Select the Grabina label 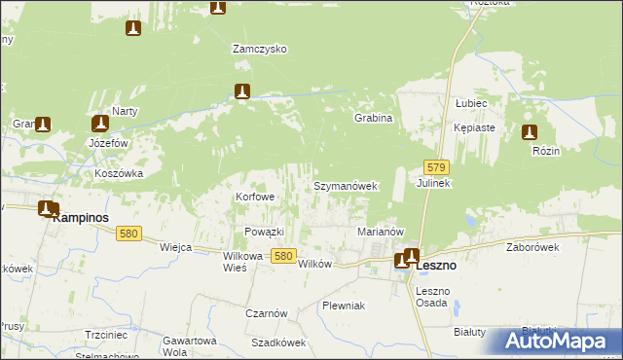[373, 118]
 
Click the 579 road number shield [436, 168]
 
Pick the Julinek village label [433, 183]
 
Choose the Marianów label [381, 232]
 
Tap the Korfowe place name [255, 197]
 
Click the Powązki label [264, 232]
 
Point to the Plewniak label [343, 306]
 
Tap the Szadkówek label [278, 342]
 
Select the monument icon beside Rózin [530, 133]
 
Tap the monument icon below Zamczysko [243, 91]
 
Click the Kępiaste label [475, 127]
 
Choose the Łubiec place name [471, 102]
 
